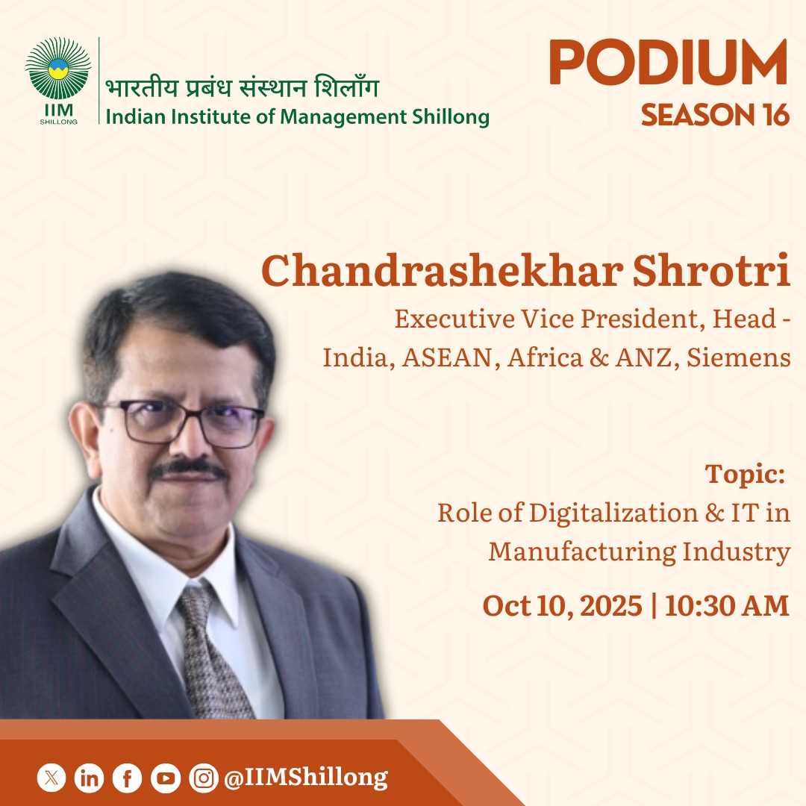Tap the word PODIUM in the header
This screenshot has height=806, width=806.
(668, 64)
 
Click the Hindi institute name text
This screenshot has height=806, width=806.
(242, 89)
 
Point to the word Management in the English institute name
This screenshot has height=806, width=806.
(331, 117)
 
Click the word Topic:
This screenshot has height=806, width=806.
(745, 474)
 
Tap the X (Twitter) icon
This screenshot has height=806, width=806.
(51, 778)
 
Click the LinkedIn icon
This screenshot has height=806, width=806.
(90, 778)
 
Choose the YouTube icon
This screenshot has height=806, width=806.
(165, 778)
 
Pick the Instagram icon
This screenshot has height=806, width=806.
(203, 778)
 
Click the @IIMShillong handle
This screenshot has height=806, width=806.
(306, 778)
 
